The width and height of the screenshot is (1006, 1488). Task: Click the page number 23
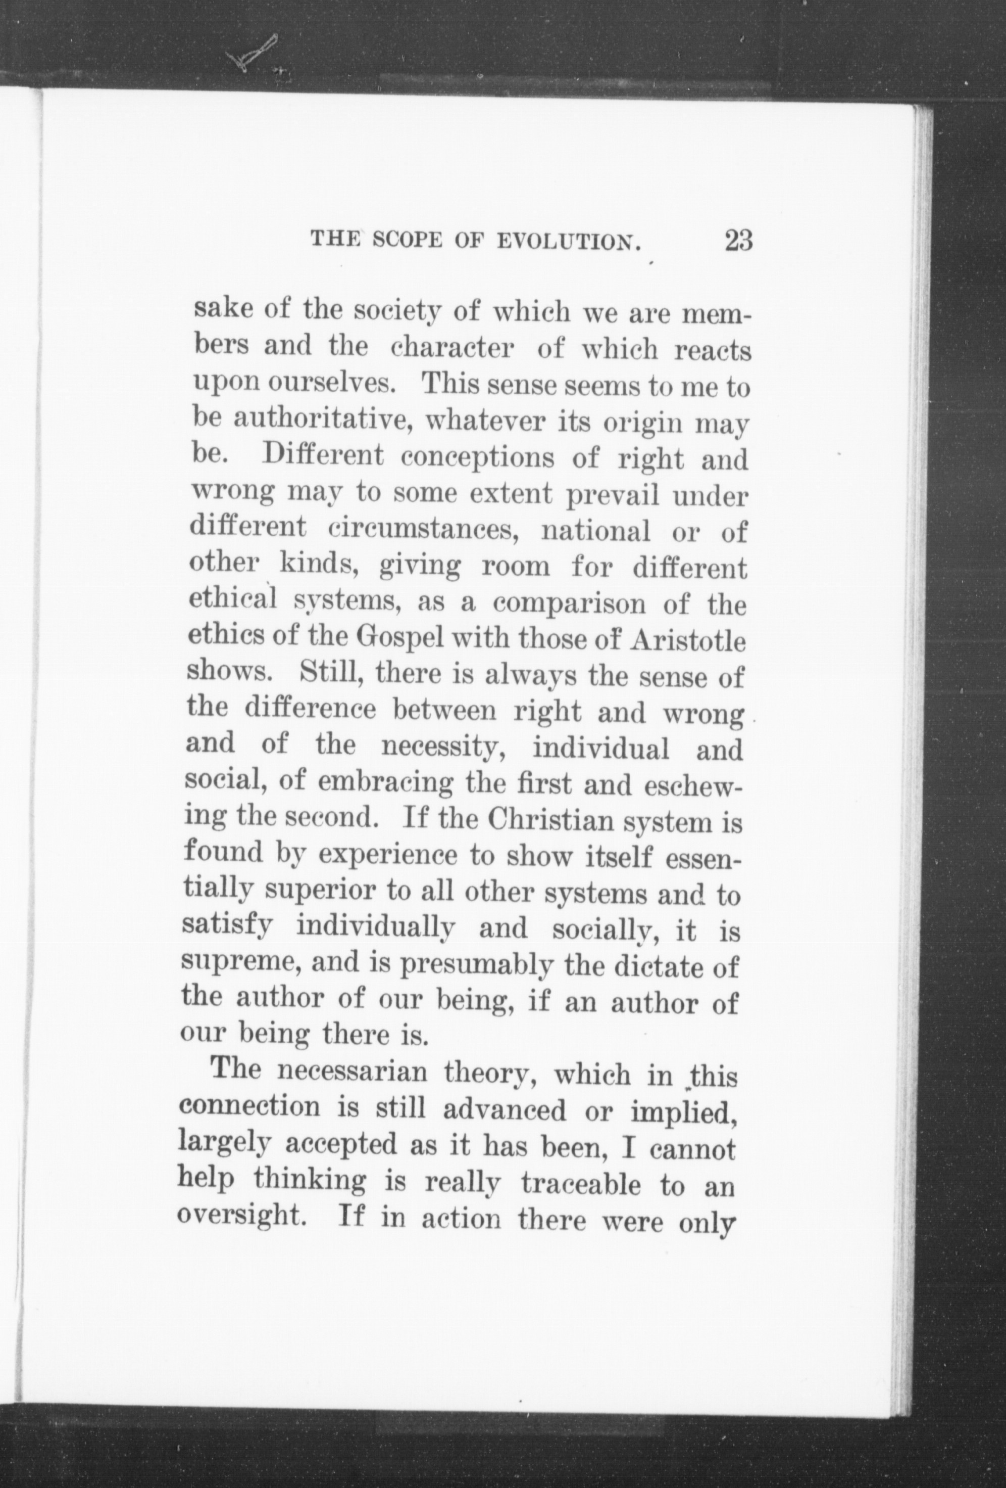click(738, 242)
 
